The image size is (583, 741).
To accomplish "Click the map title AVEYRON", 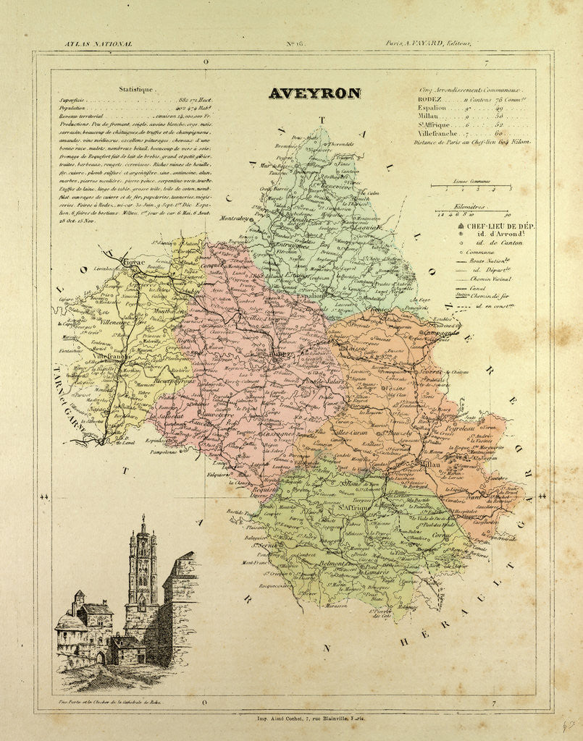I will pos(314,93).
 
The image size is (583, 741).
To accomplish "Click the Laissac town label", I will pos(356,347).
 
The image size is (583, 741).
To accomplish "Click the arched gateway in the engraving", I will pos(101,657).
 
